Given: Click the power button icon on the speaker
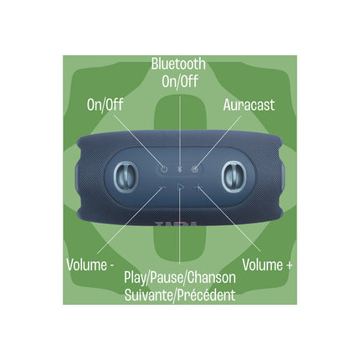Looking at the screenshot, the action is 164,168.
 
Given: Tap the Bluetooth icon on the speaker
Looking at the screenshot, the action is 180,169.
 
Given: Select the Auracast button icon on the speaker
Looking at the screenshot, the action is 195,168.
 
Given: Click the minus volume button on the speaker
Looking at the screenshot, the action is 162,188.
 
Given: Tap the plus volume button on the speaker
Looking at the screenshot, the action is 198,188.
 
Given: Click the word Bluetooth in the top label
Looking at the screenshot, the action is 178,64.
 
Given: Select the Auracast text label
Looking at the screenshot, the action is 249,105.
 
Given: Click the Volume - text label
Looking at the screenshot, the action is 90,265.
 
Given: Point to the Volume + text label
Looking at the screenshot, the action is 267,265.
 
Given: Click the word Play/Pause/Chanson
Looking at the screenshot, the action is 180,278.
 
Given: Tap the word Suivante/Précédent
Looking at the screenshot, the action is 180,296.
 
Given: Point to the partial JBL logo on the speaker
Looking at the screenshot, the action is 176,224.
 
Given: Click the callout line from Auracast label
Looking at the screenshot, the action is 219,141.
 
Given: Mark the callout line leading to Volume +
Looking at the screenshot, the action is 229,219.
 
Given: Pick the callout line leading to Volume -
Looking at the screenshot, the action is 130,220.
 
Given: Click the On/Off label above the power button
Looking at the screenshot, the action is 105,105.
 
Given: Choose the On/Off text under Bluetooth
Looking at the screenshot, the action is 180,82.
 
